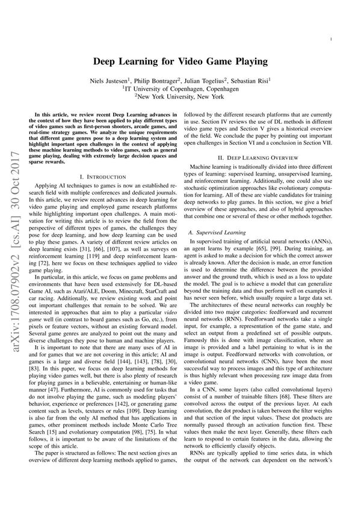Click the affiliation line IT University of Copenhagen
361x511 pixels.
(x=180, y=87)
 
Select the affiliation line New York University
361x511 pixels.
(x=180, y=96)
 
